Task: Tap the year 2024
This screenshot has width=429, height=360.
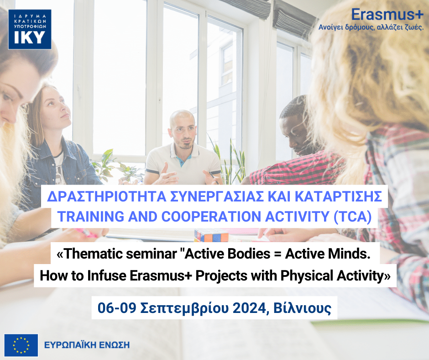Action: tap(246, 308)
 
